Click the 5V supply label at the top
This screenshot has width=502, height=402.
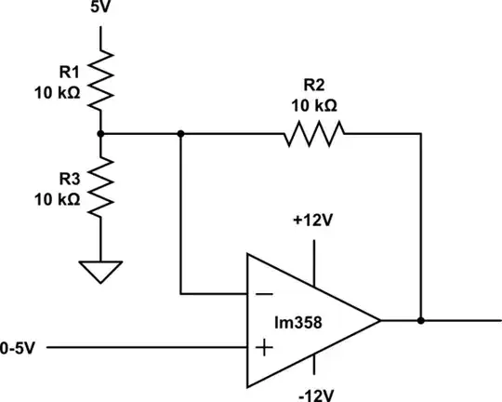pos(100,8)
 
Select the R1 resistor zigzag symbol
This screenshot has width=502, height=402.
pos(100,78)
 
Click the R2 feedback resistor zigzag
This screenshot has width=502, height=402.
pos(313,134)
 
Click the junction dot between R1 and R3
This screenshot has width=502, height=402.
pos(100,134)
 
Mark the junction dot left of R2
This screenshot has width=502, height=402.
pos(180,134)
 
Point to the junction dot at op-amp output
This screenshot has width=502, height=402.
pos(421,321)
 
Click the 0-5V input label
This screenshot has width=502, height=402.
pos(19,348)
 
